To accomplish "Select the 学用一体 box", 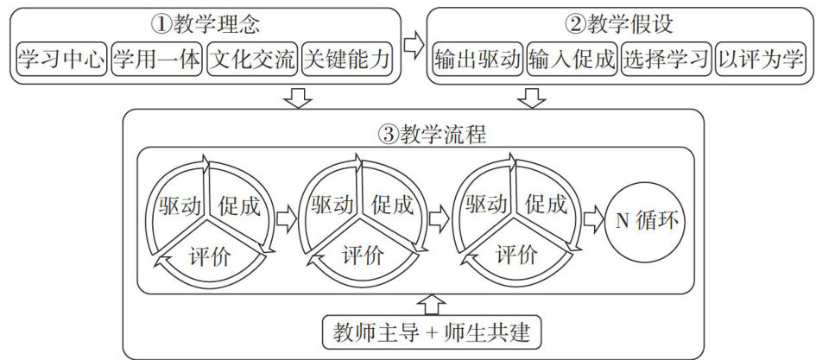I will [156, 60].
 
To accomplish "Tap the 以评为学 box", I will [759, 60].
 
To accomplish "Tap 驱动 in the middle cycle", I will [332, 205].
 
